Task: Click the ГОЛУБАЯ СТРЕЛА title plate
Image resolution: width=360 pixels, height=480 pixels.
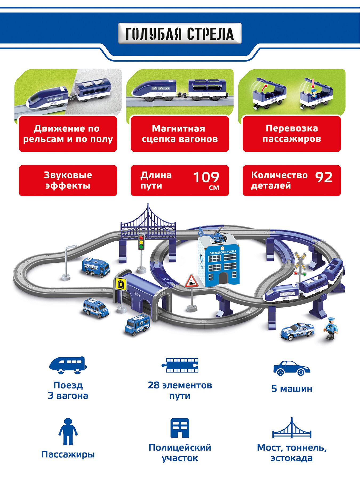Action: click(x=180, y=34)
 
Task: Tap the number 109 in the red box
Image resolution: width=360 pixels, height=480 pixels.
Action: click(x=206, y=177)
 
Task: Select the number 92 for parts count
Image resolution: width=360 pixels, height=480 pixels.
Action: click(x=324, y=177)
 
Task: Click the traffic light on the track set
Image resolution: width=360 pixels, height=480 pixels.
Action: click(x=141, y=242)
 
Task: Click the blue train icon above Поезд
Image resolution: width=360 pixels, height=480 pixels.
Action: click(x=68, y=365)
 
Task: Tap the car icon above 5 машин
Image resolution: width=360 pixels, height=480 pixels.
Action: click(x=291, y=368)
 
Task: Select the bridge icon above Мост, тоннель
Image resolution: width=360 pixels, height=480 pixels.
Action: click(x=292, y=428)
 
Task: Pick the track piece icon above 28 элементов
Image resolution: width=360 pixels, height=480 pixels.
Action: click(x=180, y=365)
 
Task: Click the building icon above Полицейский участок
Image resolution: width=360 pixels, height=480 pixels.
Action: click(x=180, y=428)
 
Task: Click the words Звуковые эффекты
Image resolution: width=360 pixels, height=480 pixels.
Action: click(x=68, y=180)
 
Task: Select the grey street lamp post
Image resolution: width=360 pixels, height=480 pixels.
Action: click(x=67, y=263)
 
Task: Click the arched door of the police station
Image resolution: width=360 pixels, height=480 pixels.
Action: click(x=223, y=278)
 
